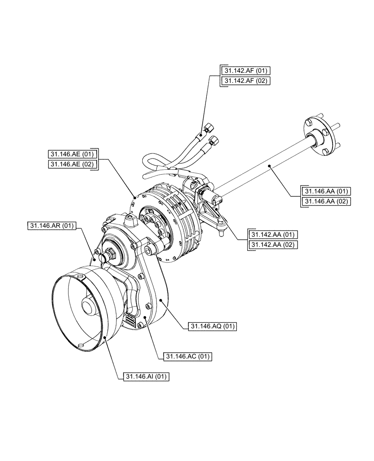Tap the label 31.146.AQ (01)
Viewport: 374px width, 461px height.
[213, 327]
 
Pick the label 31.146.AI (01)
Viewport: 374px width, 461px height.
[146, 377]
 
